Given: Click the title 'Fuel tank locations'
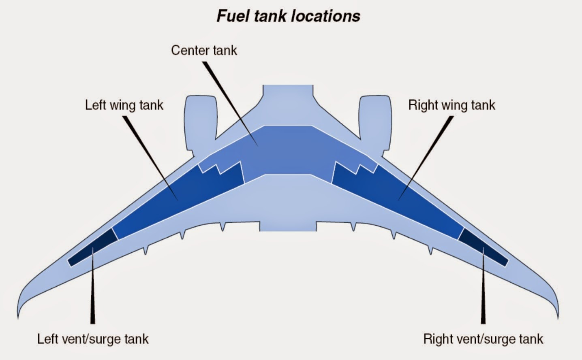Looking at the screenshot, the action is tap(289, 16).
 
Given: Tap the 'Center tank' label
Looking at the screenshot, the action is tap(204, 50).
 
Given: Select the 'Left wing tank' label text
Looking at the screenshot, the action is tap(124, 105).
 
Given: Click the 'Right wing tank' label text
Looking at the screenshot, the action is tap(452, 105).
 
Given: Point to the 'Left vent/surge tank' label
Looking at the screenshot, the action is tap(93, 339).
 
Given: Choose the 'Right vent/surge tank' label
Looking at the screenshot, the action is tap(483, 339).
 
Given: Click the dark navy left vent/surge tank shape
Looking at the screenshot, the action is tap(93, 247).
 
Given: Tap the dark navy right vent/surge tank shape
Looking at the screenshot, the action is tap(483, 247).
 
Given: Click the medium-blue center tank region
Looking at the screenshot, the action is tap(288, 153).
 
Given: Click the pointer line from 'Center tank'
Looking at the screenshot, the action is tap(230, 104).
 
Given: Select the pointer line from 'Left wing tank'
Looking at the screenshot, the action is tap(150, 158).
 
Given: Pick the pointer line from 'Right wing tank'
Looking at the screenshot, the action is tap(426, 158).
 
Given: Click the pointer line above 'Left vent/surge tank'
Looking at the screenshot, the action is tap(93, 285).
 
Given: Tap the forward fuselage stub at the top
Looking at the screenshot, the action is tap(288, 96).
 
